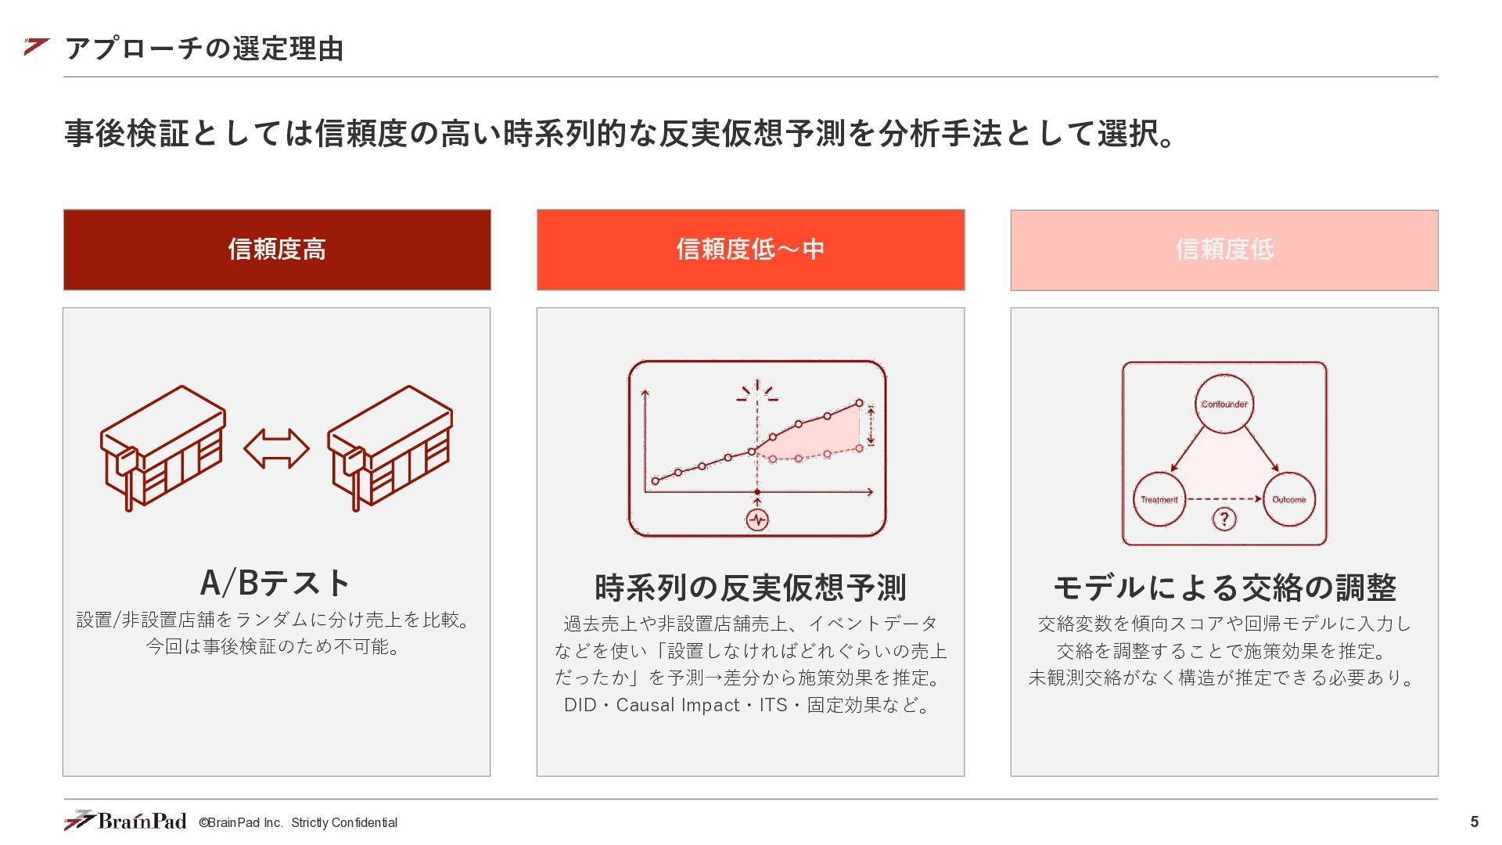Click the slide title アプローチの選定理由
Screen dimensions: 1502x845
point(204,49)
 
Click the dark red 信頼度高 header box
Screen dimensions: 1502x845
point(277,250)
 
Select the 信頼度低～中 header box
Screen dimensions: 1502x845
point(750,250)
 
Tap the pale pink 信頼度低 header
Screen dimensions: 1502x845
point(1224,250)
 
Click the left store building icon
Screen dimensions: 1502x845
point(163,448)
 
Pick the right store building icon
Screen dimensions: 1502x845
point(390,448)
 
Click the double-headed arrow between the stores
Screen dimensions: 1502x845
point(276,448)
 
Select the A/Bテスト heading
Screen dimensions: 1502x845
point(276,583)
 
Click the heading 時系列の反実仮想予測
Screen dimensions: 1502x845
point(750,588)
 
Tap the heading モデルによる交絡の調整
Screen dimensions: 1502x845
point(1224,588)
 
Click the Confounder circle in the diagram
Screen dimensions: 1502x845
point(1224,404)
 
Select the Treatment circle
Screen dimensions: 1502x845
point(1159,499)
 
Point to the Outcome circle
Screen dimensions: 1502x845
point(1288,499)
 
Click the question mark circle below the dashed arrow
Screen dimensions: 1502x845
point(1224,518)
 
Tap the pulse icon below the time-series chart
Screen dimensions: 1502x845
point(757,520)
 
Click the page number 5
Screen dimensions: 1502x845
point(1474,822)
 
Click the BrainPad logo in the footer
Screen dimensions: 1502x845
point(125,820)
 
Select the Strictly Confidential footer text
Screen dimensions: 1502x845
point(344,822)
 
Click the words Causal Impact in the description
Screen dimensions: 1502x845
point(677,705)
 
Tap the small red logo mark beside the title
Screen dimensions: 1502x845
point(36,47)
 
